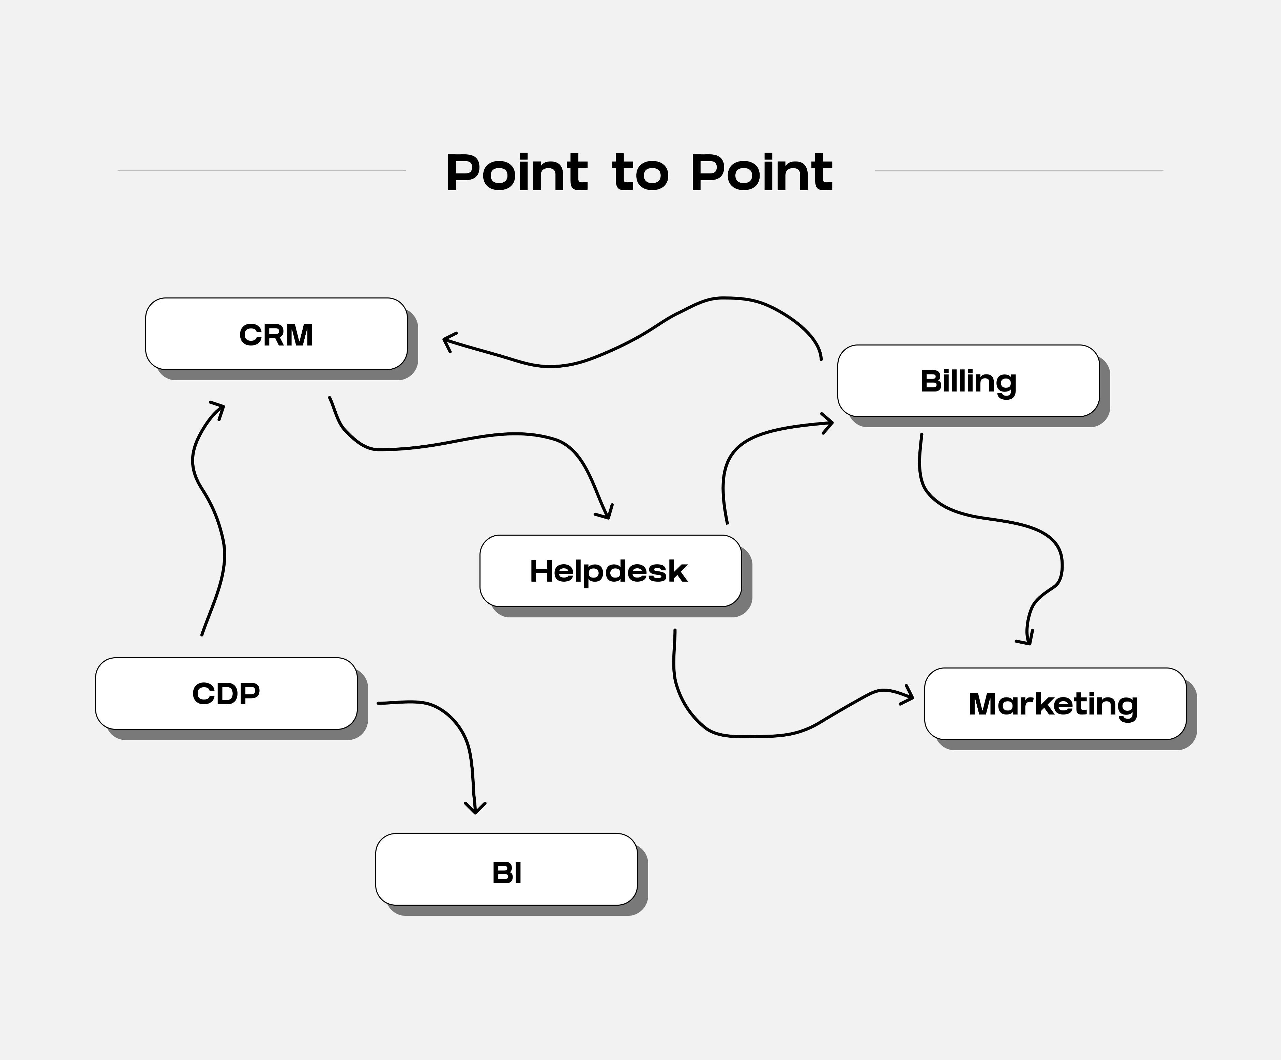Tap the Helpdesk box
coord(610,571)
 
